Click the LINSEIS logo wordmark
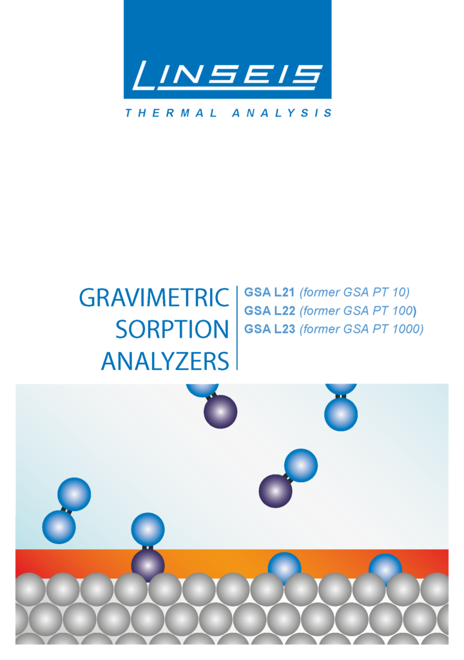pyautogui.click(x=227, y=75)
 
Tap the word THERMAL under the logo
pyautogui.click(x=171, y=113)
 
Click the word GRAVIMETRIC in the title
pyautogui.click(x=154, y=298)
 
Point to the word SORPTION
pyautogui.click(x=172, y=329)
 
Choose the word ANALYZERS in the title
pyautogui.click(x=165, y=361)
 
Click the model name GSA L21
pyautogui.click(x=269, y=292)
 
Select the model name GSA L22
pyautogui.click(x=269, y=311)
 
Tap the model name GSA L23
pyautogui.click(x=269, y=329)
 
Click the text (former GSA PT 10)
pyautogui.click(x=354, y=292)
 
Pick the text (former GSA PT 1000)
pyautogui.click(x=362, y=329)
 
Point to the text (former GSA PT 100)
pyautogui.click(x=358, y=311)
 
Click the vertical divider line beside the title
pyautogui.click(x=237, y=328)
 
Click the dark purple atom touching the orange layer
pyautogui.click(x=148, y=565)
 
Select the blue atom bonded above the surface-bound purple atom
pyautogui.click(x=148, y=530)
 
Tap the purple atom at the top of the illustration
pyautogui.click(x=220, y=412)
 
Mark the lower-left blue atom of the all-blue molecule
pyautogui.click(x=59, y=527)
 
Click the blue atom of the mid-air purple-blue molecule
pyautogui.click(x=300, y=465)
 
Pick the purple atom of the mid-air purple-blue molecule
pyautogui.click(x=275, y=491)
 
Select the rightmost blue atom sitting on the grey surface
pyautogui.click(x=385, y=568)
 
